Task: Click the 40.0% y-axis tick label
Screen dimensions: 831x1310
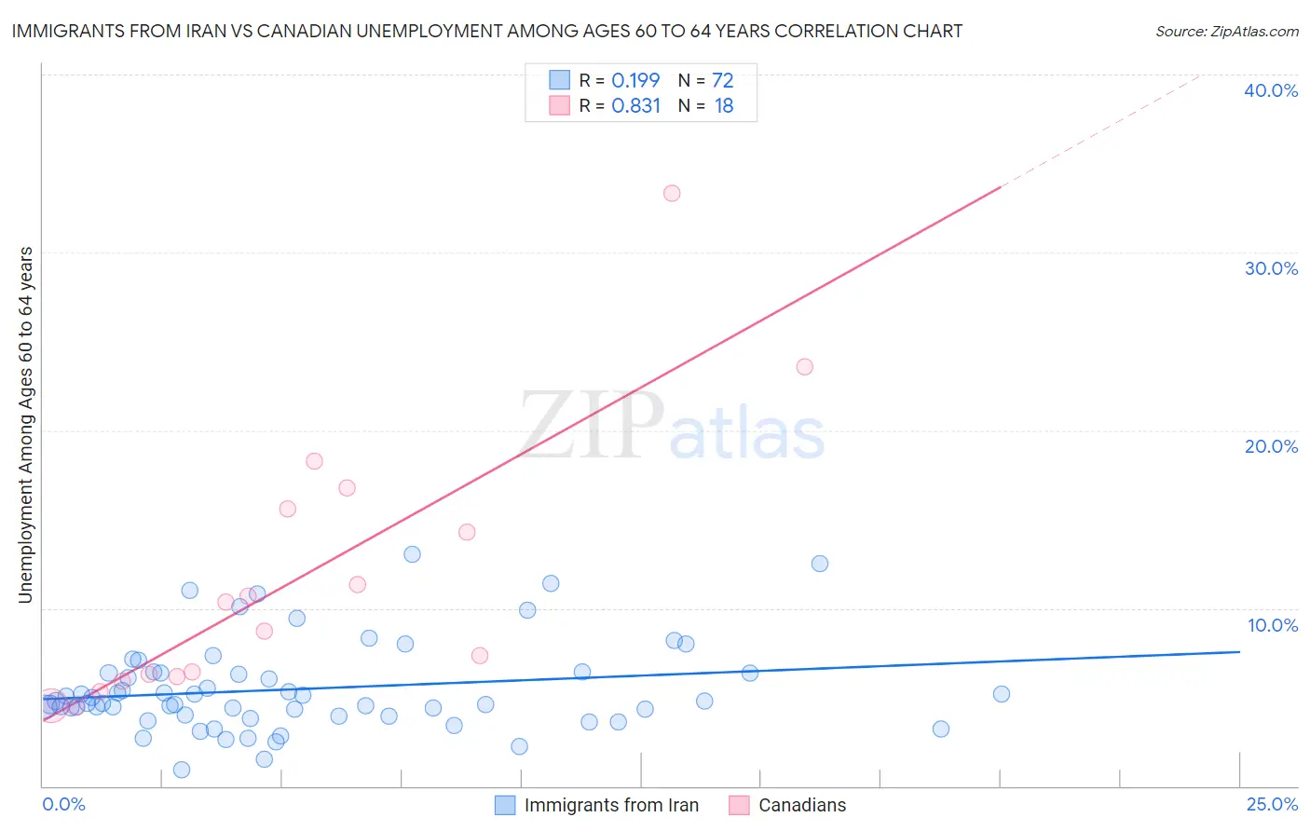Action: pos(1271,90)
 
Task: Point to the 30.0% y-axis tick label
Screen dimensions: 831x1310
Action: pos(1271,268)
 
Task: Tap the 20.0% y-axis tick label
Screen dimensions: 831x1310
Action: pos(1271,446)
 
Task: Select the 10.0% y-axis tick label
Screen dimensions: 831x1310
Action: pos(1273,625)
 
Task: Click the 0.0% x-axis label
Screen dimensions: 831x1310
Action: pos(63,804)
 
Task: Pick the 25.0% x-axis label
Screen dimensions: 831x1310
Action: pos(1272,804)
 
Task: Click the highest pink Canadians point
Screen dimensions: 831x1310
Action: pos(672,194)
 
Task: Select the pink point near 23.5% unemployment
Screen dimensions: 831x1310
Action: pos(805,367)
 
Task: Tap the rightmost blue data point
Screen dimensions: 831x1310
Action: pos(1002,694)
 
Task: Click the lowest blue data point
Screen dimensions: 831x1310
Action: pos(182,770)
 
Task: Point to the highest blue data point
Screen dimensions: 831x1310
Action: pos(412,554)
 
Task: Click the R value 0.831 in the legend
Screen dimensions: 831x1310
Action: pos(636,106)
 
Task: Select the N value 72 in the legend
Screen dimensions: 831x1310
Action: pos(723,81)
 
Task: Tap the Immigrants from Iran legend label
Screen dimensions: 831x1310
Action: pos(611,805)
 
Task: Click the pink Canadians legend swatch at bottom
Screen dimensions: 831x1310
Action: pos(739,805)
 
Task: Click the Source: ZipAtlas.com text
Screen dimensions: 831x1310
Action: pos(1226,32)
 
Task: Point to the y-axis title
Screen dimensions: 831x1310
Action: pos(26,425)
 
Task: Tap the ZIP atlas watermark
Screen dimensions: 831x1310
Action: pos(671,426)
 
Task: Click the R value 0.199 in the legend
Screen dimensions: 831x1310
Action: pos(635,81)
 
